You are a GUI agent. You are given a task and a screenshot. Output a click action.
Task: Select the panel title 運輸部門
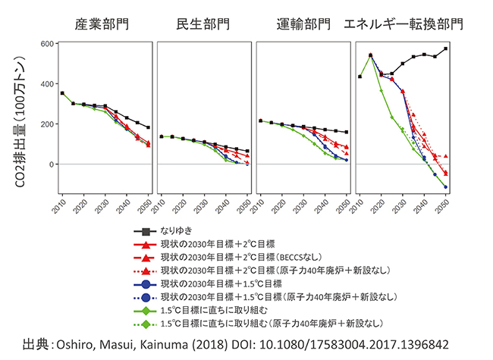(303, 23)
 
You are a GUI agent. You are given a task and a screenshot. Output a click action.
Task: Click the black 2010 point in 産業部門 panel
(62, 93)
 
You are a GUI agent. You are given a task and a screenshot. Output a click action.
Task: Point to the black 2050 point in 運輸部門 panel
(347, 132)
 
